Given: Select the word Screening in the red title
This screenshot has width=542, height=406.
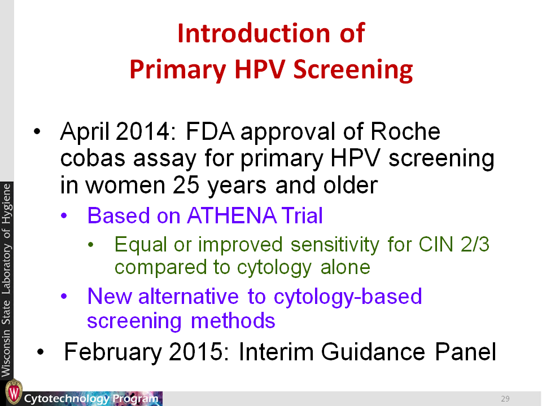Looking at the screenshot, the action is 353,70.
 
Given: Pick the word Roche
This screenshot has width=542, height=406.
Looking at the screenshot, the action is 405,131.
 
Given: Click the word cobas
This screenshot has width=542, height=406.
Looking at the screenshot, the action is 93,158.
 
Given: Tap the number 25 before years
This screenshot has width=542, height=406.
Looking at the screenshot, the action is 186,185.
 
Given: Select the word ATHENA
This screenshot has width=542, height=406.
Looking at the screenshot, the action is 231,215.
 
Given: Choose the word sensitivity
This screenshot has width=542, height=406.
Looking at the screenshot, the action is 335,245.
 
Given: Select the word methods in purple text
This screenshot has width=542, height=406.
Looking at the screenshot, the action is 233,321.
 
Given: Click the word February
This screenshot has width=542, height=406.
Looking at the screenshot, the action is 113,352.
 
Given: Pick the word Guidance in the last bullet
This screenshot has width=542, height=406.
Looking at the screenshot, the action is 373,352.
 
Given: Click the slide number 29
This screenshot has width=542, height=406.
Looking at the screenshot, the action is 505,399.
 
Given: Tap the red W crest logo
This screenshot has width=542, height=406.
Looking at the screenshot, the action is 14,392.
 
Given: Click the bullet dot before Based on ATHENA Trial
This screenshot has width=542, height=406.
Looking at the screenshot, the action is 64,216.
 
